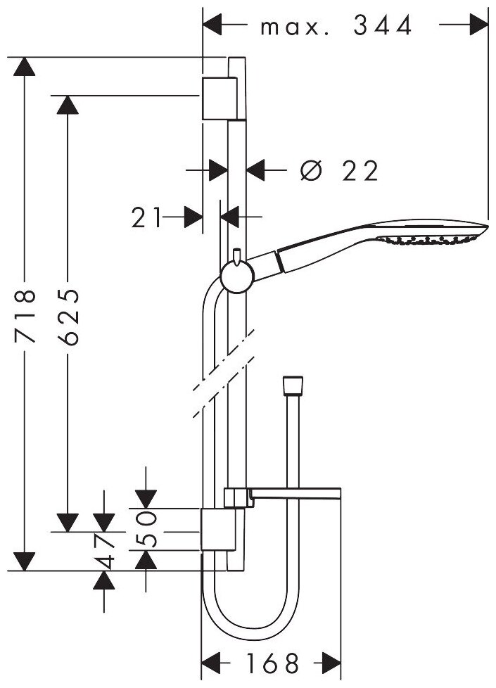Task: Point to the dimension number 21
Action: coord(146,217)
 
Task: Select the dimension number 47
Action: coord(105,552)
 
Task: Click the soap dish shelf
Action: coord(295,496)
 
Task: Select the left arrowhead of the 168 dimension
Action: coord(212,662)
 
